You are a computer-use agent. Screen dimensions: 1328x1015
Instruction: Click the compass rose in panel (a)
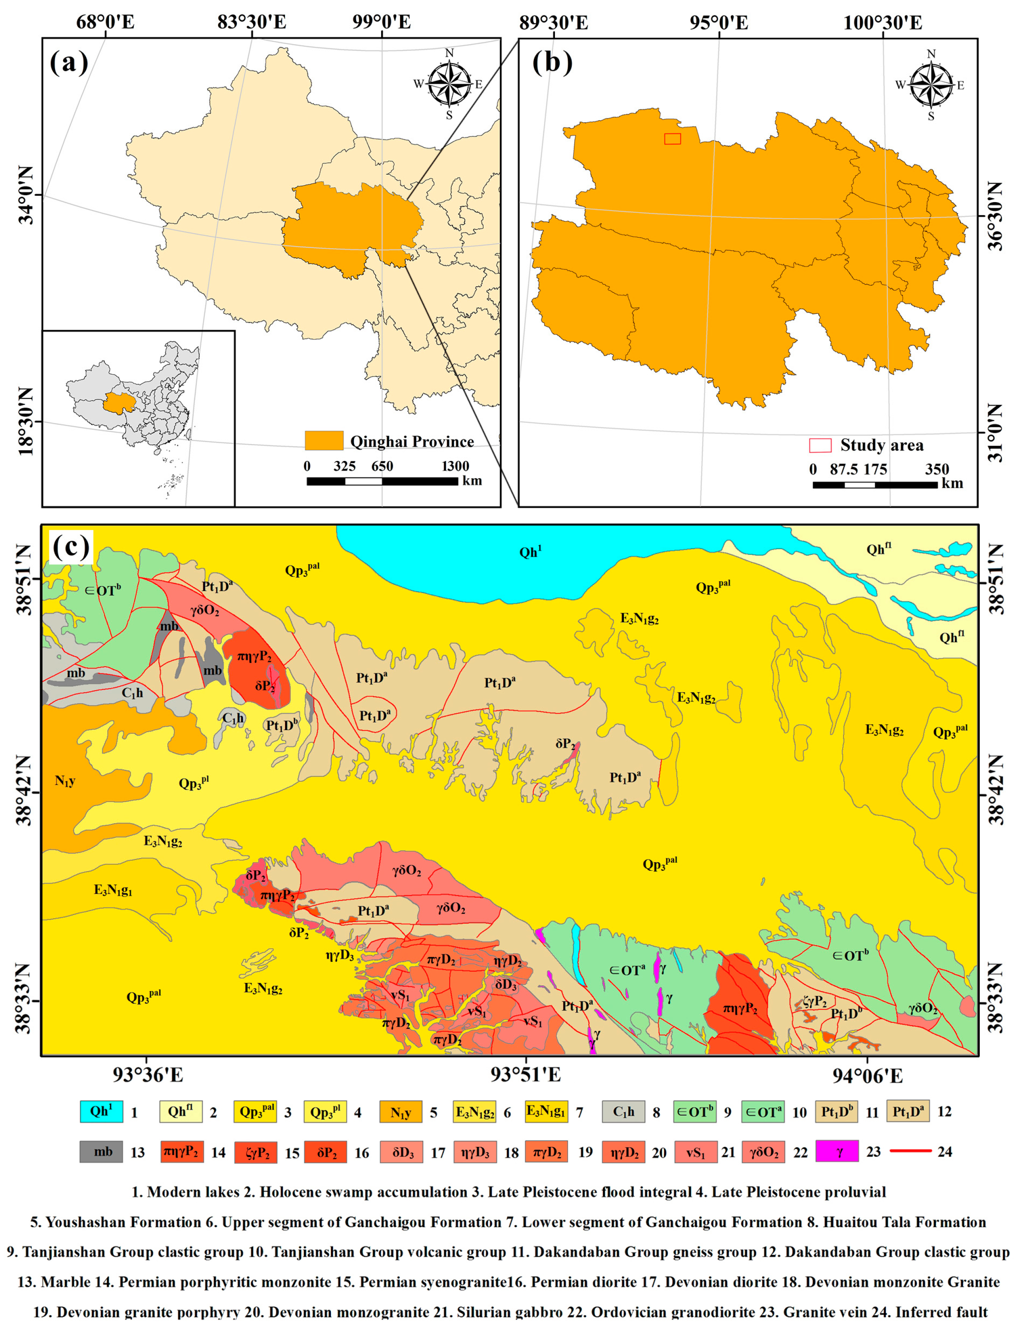449,83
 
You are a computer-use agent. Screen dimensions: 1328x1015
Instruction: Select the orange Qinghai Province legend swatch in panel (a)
324,440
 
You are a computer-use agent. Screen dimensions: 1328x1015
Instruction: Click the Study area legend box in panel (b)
820,445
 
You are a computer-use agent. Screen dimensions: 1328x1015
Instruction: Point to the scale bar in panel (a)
382,482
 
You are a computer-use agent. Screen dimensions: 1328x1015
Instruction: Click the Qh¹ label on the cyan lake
530,552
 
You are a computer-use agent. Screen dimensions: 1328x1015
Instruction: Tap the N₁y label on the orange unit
65,781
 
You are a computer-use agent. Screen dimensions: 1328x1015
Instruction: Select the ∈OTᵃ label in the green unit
627,969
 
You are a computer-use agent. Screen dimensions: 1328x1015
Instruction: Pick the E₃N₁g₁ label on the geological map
113,889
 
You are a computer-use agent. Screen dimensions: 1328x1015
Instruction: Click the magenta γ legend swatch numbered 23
837,1151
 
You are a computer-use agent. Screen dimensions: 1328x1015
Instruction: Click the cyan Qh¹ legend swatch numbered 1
101,1111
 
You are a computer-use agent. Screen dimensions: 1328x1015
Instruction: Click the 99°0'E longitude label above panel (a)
382,22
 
